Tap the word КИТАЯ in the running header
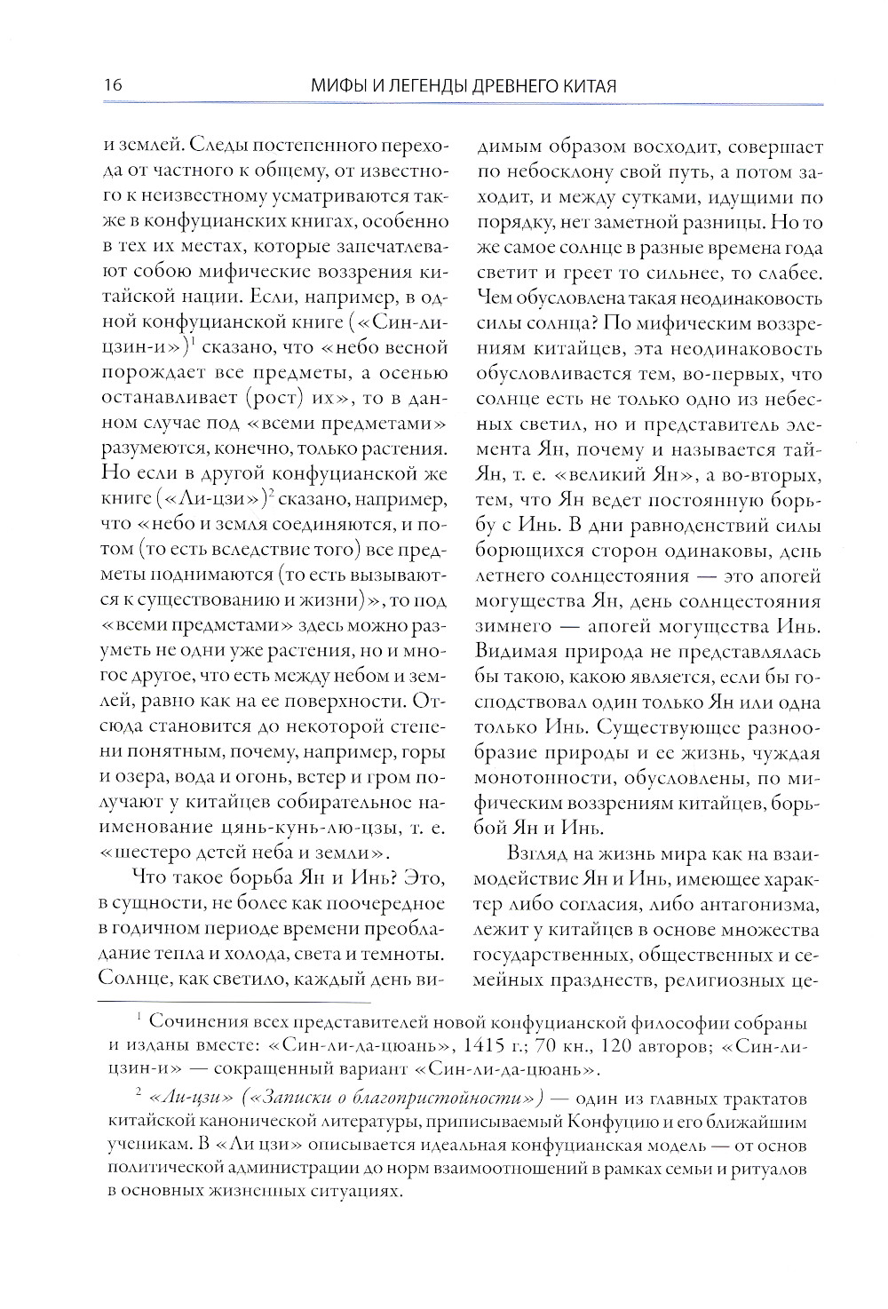coord(585,85)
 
